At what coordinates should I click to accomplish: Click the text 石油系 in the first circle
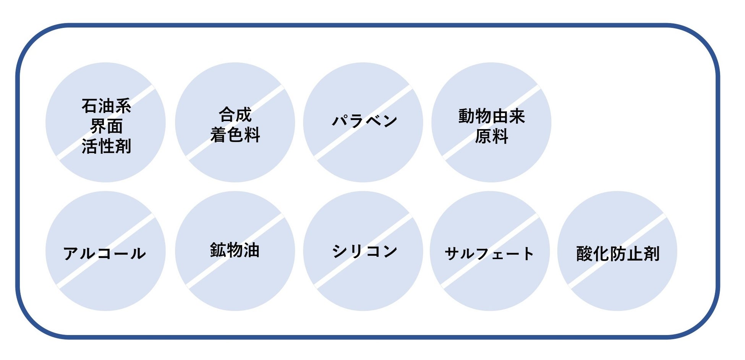tap(106, 106)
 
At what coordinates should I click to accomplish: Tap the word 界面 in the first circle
tap(106, 126)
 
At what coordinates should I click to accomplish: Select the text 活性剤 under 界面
tap(106, 146)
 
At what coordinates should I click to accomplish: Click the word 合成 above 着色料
tap(235, 115)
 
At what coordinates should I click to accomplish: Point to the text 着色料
tap(235, 135)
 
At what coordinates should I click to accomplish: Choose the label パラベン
tap(364, 121)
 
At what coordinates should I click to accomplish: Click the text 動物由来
tap(492, 116)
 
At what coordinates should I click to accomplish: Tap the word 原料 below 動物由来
tap(492, 136)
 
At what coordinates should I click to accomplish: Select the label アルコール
tap(104, 253)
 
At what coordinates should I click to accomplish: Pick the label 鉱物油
tap(235, 250)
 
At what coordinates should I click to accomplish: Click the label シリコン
tap(364, 251)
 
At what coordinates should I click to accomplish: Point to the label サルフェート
tap(489, 253)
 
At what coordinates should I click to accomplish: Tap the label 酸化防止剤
tap(618, 253)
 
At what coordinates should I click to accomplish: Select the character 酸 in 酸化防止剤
tap(585, 253)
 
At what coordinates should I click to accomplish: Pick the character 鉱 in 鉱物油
tap(218, 250)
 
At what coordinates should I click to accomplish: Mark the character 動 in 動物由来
tap(467, 116)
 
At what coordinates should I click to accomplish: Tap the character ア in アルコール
tap(71, 253)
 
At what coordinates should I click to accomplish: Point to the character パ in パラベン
tap(340, 121)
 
